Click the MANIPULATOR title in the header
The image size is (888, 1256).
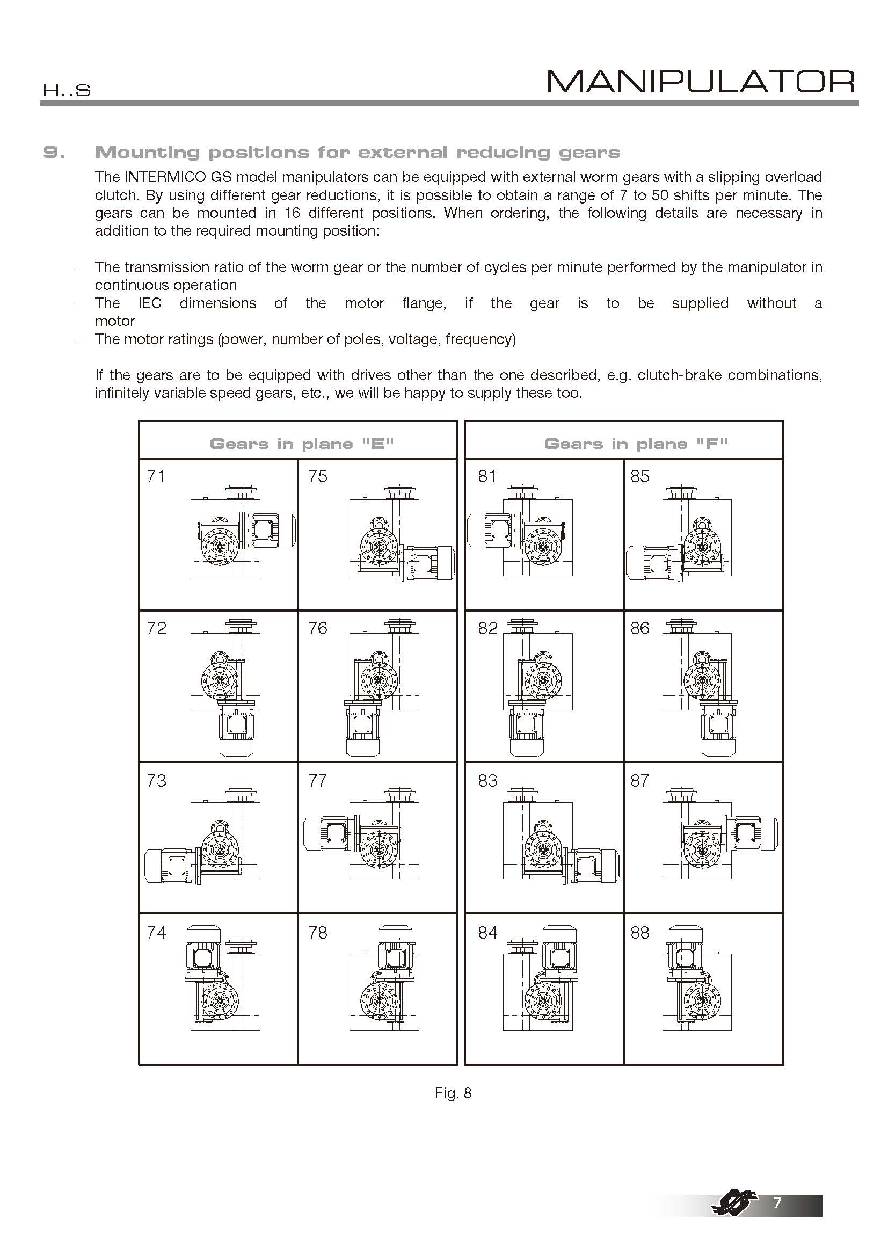pyautogui.click(x=701, y=82)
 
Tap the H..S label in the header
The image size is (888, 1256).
pyautogui.click(x=67, y=91)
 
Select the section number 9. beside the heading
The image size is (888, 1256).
pyautogui.click(x=54, y=153)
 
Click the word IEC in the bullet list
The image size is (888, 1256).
pyautogui.click(x=150, y=303)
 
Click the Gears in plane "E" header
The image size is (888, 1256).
pyautogui.click(x=302, y=444)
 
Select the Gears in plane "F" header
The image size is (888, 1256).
pyautogui.click(x=636, y=444)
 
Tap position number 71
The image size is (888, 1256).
pyautogui.click(x=156, y=476)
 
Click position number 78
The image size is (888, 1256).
pyautogui.click(x=318, y=932)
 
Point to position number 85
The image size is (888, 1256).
pyautogui.click(x=640, y=476)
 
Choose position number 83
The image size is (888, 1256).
pyautogui.click(x=487, y=781)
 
